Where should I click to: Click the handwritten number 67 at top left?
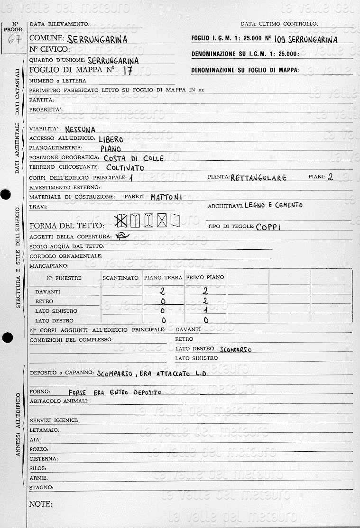14,39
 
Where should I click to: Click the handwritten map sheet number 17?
126,71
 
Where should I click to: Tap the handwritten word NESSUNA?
80,129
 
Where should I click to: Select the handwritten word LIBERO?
111,139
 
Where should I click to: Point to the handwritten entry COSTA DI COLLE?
133,158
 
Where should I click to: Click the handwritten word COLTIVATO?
125,168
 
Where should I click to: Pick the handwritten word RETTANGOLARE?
258,178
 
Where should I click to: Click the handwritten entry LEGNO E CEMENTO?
273,205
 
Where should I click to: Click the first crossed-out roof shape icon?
121,220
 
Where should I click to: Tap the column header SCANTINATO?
120,278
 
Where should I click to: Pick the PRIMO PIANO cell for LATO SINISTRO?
205,311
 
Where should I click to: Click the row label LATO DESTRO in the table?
54,321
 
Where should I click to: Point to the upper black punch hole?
6,194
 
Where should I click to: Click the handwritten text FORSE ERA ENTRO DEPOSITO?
115,392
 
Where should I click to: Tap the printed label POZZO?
39,449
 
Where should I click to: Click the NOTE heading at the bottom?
41,504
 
